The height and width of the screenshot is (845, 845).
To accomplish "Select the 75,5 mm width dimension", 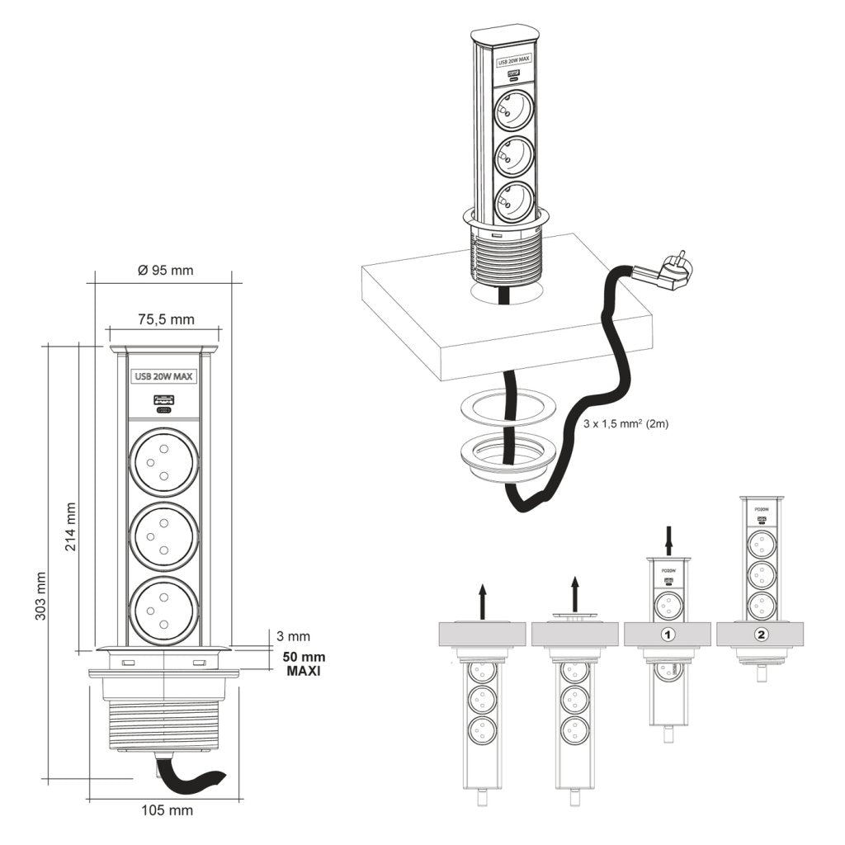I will (166, 319).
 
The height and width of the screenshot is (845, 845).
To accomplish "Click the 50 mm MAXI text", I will (304, 664).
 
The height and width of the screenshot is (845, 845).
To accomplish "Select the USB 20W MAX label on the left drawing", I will (164, 377).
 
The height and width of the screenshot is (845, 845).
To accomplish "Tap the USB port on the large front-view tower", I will (164, 403).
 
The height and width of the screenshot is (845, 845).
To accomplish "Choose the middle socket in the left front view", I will (164, 537).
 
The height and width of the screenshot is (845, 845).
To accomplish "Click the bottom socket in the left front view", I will (164, 611).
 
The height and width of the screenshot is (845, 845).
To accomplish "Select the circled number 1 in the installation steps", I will (668, 635).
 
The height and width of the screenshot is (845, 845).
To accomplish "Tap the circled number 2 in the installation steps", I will (761, 635).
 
